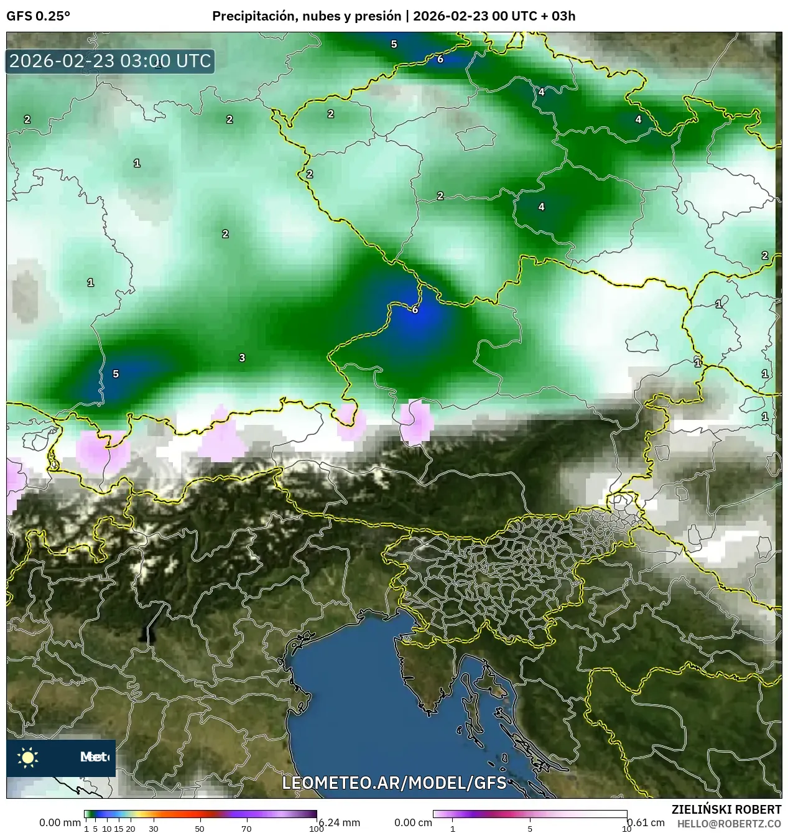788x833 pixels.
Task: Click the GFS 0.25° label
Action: [x=38, y=16]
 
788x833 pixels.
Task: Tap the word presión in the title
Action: [x=379, y=16]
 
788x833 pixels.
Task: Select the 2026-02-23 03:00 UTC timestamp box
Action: [x=110, y=62]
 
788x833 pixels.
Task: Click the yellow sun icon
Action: [x=28, y=757]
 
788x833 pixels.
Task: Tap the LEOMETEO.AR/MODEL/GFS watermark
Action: [x=394, y=783]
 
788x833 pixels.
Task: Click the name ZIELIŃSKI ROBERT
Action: [x=726, y=809]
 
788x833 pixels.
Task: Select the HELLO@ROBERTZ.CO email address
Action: [x=729, y=823]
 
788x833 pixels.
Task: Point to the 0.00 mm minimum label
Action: [x=60, y=822]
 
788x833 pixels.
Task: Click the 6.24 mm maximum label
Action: [x=340, y=822]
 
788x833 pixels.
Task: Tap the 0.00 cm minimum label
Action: [x=413, y=822]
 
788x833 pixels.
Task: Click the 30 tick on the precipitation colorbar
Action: [x=154, y=828]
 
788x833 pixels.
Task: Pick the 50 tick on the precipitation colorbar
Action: [x=200, y=828]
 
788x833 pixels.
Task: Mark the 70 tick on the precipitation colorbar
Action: [x=246, y=828]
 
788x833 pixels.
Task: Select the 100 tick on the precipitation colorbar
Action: [x=316, y=828]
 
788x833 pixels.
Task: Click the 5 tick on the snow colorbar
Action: [x=530, y=828]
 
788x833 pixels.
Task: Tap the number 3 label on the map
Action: [x=242, y=358]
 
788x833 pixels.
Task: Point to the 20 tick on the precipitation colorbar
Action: [x=131, y=828]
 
